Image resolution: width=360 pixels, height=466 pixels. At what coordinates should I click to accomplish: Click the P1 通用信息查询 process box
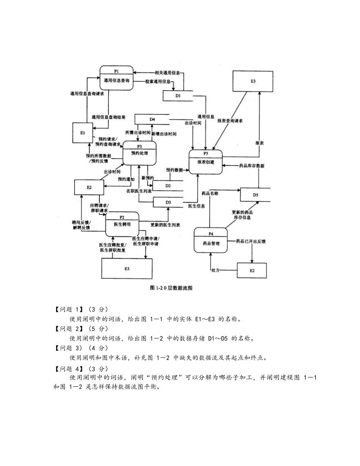(116, 78)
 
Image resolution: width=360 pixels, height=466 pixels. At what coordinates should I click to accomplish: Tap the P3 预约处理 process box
(139, 153)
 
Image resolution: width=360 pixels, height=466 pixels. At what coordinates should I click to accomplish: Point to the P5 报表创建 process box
(205, 162)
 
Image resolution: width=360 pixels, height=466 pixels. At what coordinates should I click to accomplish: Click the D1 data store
(178, 96)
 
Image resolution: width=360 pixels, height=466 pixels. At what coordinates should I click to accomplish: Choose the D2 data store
(168, 186)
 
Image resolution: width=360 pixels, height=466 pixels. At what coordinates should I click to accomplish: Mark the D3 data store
(168, 203)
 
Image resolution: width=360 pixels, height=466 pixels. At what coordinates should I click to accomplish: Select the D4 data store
(152, 119)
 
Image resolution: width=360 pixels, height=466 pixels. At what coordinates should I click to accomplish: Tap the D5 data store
(255, 195)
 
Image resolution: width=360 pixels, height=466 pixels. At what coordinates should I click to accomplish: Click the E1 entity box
(83, 133)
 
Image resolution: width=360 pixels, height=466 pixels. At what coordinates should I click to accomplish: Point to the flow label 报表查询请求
(230, 121)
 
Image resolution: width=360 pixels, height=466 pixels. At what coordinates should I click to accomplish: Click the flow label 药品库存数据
(252, 166)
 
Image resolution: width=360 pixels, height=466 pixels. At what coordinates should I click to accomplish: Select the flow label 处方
(216, 270)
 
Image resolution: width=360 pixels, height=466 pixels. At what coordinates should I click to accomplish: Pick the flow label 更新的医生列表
(165, 225)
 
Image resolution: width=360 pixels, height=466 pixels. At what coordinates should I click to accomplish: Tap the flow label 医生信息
(197, 206)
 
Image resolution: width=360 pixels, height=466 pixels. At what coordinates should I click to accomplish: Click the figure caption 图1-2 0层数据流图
(172, 288)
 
